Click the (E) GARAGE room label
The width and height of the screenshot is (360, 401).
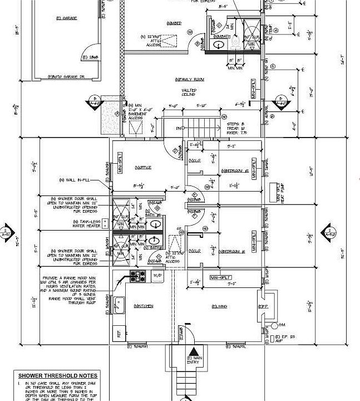(66, 18)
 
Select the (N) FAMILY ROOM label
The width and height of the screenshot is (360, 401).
(185, 79)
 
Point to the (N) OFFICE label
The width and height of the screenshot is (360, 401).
(143, 167)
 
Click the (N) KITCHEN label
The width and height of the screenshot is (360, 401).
(143, 306)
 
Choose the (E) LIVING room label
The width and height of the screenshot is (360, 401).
(219, 306)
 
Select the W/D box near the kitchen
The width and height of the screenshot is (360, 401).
(157, 275)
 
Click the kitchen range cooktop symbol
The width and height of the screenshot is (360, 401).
(137, 275)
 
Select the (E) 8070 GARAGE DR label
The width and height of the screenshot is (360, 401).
(66, 76)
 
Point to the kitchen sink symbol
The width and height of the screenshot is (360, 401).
(119, 304)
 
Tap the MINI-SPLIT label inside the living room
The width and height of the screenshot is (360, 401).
(221, 277)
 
